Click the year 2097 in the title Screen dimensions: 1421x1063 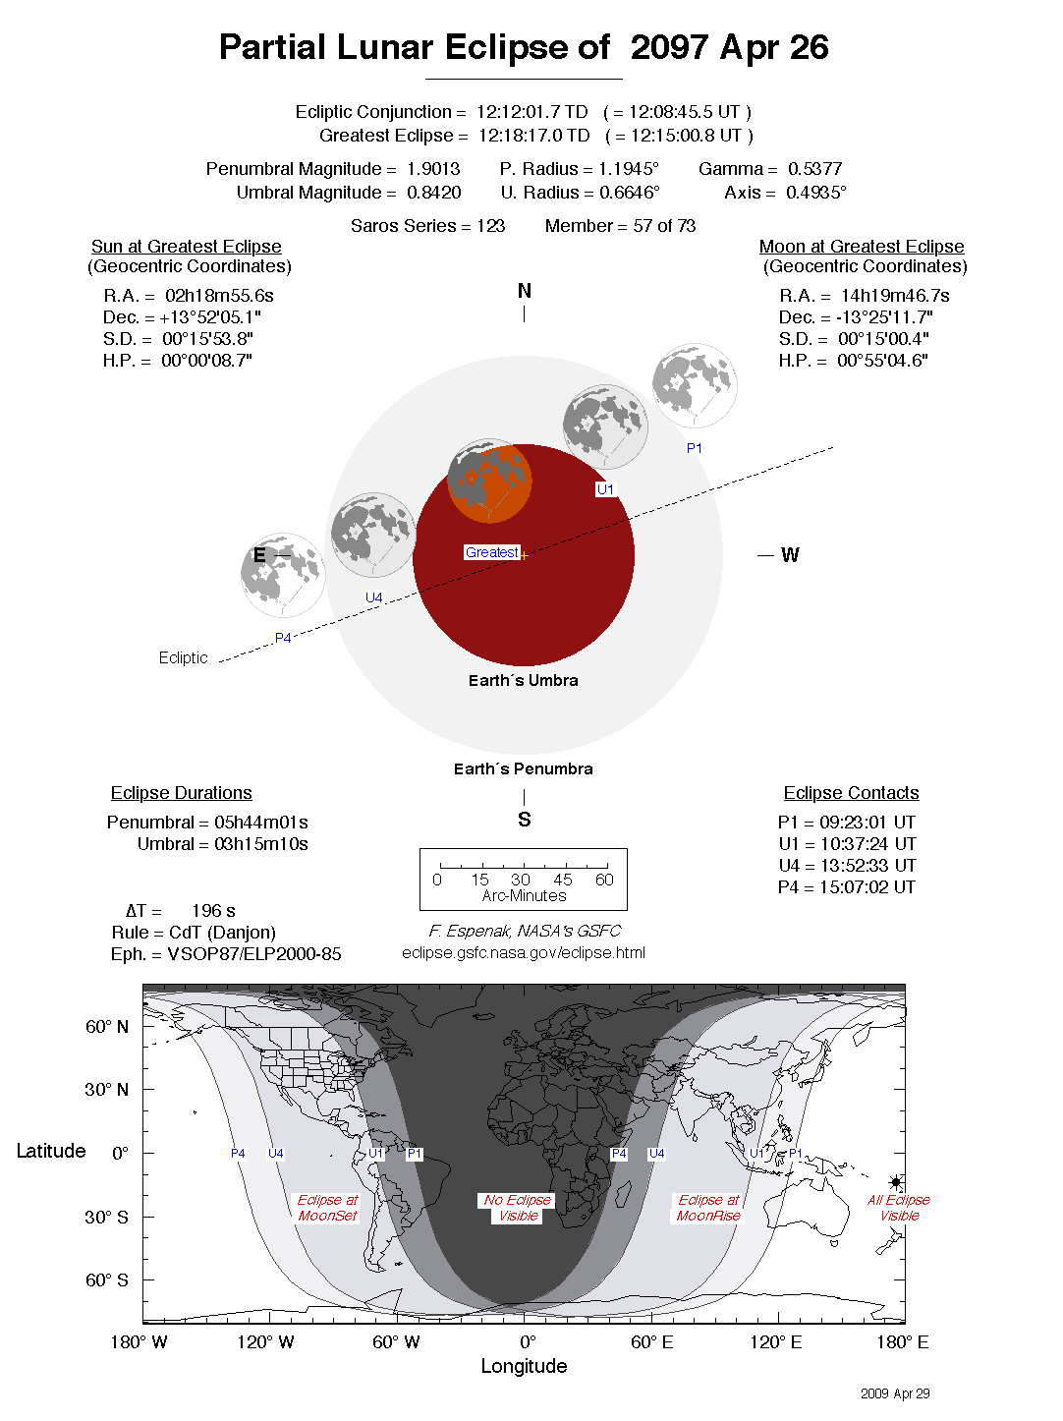coord(669,47)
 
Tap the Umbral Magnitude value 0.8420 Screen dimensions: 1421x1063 coord(433,193)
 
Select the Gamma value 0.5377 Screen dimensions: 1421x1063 coord(814,169)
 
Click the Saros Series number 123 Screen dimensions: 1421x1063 coord(490,226)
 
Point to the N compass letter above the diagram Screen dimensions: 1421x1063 coord(524,291)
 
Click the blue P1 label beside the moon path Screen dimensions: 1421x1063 coord(695,448)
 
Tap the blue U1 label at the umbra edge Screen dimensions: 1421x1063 coord(605,489)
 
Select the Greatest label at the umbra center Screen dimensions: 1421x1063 coord(491,552)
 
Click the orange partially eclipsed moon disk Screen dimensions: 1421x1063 coord(489,482)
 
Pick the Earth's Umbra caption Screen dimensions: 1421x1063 coord(523,680)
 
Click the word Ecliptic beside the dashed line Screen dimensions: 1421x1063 coord(184,657)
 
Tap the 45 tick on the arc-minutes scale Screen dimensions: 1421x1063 coord(562,880)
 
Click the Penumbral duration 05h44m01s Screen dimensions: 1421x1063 coord(260,823)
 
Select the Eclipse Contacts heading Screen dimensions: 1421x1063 coord(851,793)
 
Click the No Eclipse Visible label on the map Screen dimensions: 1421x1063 coord(518,1208)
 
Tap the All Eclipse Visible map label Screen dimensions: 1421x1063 coord(898,1208)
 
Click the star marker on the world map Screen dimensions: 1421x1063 coord(896,1182)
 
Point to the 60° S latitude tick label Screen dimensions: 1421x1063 coord(106,1280)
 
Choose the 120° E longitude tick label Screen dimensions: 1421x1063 coord(776,1342)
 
